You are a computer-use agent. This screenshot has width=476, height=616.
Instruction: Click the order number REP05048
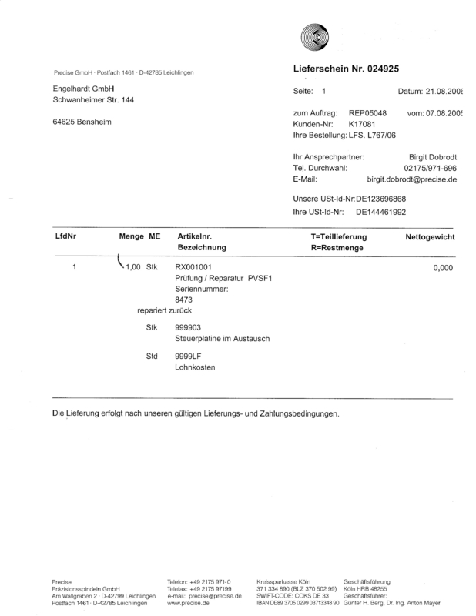367,113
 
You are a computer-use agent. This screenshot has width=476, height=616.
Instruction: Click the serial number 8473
184,299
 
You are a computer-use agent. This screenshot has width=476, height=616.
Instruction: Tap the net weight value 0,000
442,268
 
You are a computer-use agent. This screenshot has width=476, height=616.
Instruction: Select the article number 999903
187,327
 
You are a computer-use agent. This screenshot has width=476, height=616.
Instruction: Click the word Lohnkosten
195,367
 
